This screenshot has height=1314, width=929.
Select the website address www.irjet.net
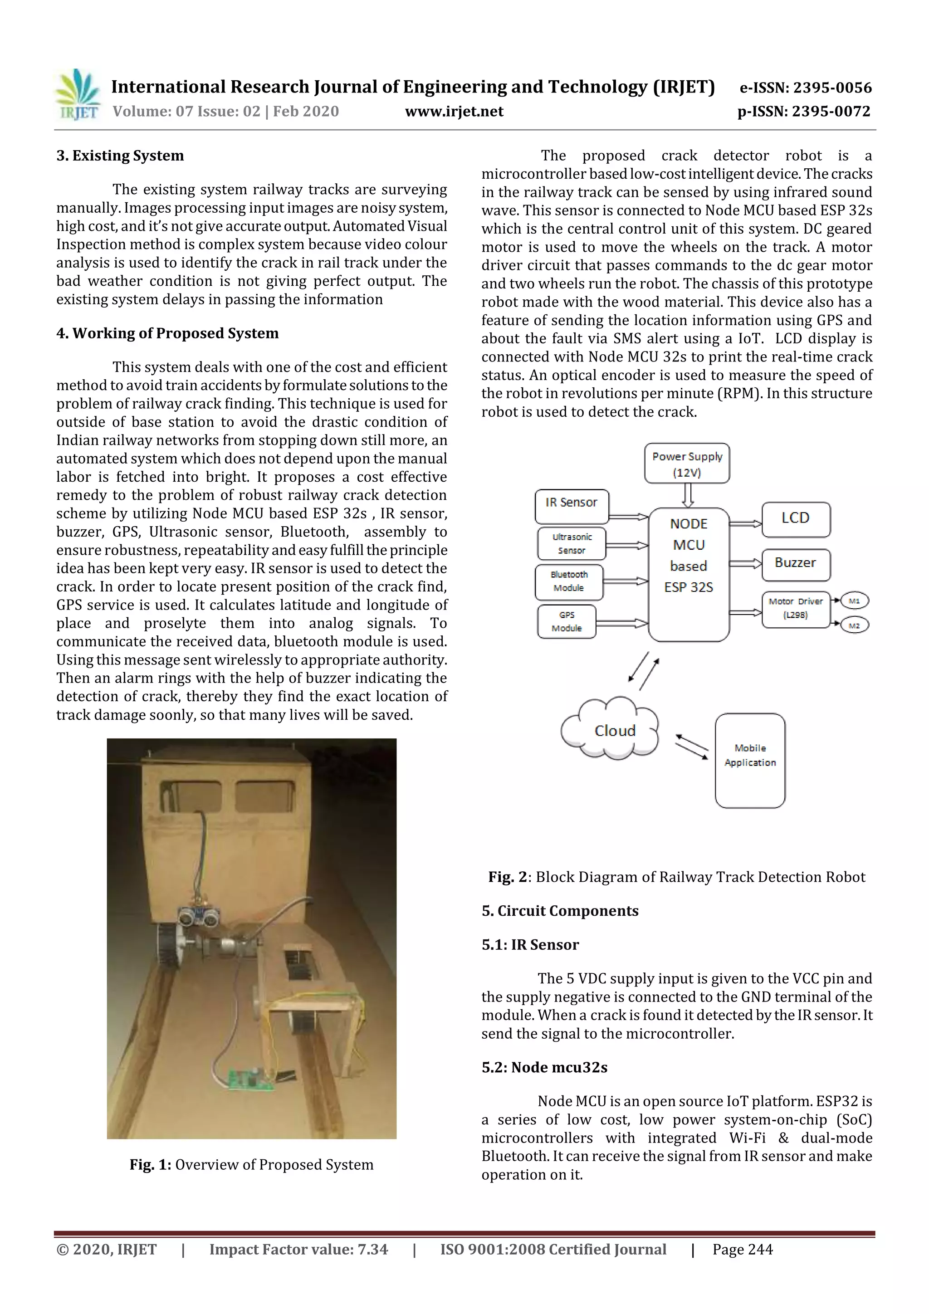[454, 111]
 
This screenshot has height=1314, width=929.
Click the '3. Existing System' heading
[120, 156]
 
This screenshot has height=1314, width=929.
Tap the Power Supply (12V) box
[687, 464]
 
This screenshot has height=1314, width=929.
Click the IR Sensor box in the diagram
[571, 506]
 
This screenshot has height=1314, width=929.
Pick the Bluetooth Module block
[569, 581]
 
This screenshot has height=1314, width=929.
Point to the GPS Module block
[567, 621]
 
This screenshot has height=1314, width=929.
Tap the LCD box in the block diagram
[796, 519]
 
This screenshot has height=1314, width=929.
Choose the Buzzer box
[796, 564]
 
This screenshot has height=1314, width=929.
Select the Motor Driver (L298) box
[796, 609]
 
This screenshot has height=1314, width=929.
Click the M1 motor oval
[854, 601]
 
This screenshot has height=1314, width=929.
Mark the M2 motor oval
[854, 625]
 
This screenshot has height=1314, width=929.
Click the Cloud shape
[612, 730]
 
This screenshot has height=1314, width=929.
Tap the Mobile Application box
[750, 760]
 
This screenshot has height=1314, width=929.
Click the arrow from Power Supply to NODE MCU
[688, 495]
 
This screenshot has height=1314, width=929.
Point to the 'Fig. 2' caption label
[507, 877]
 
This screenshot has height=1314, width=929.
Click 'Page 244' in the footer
[743, 1249]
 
